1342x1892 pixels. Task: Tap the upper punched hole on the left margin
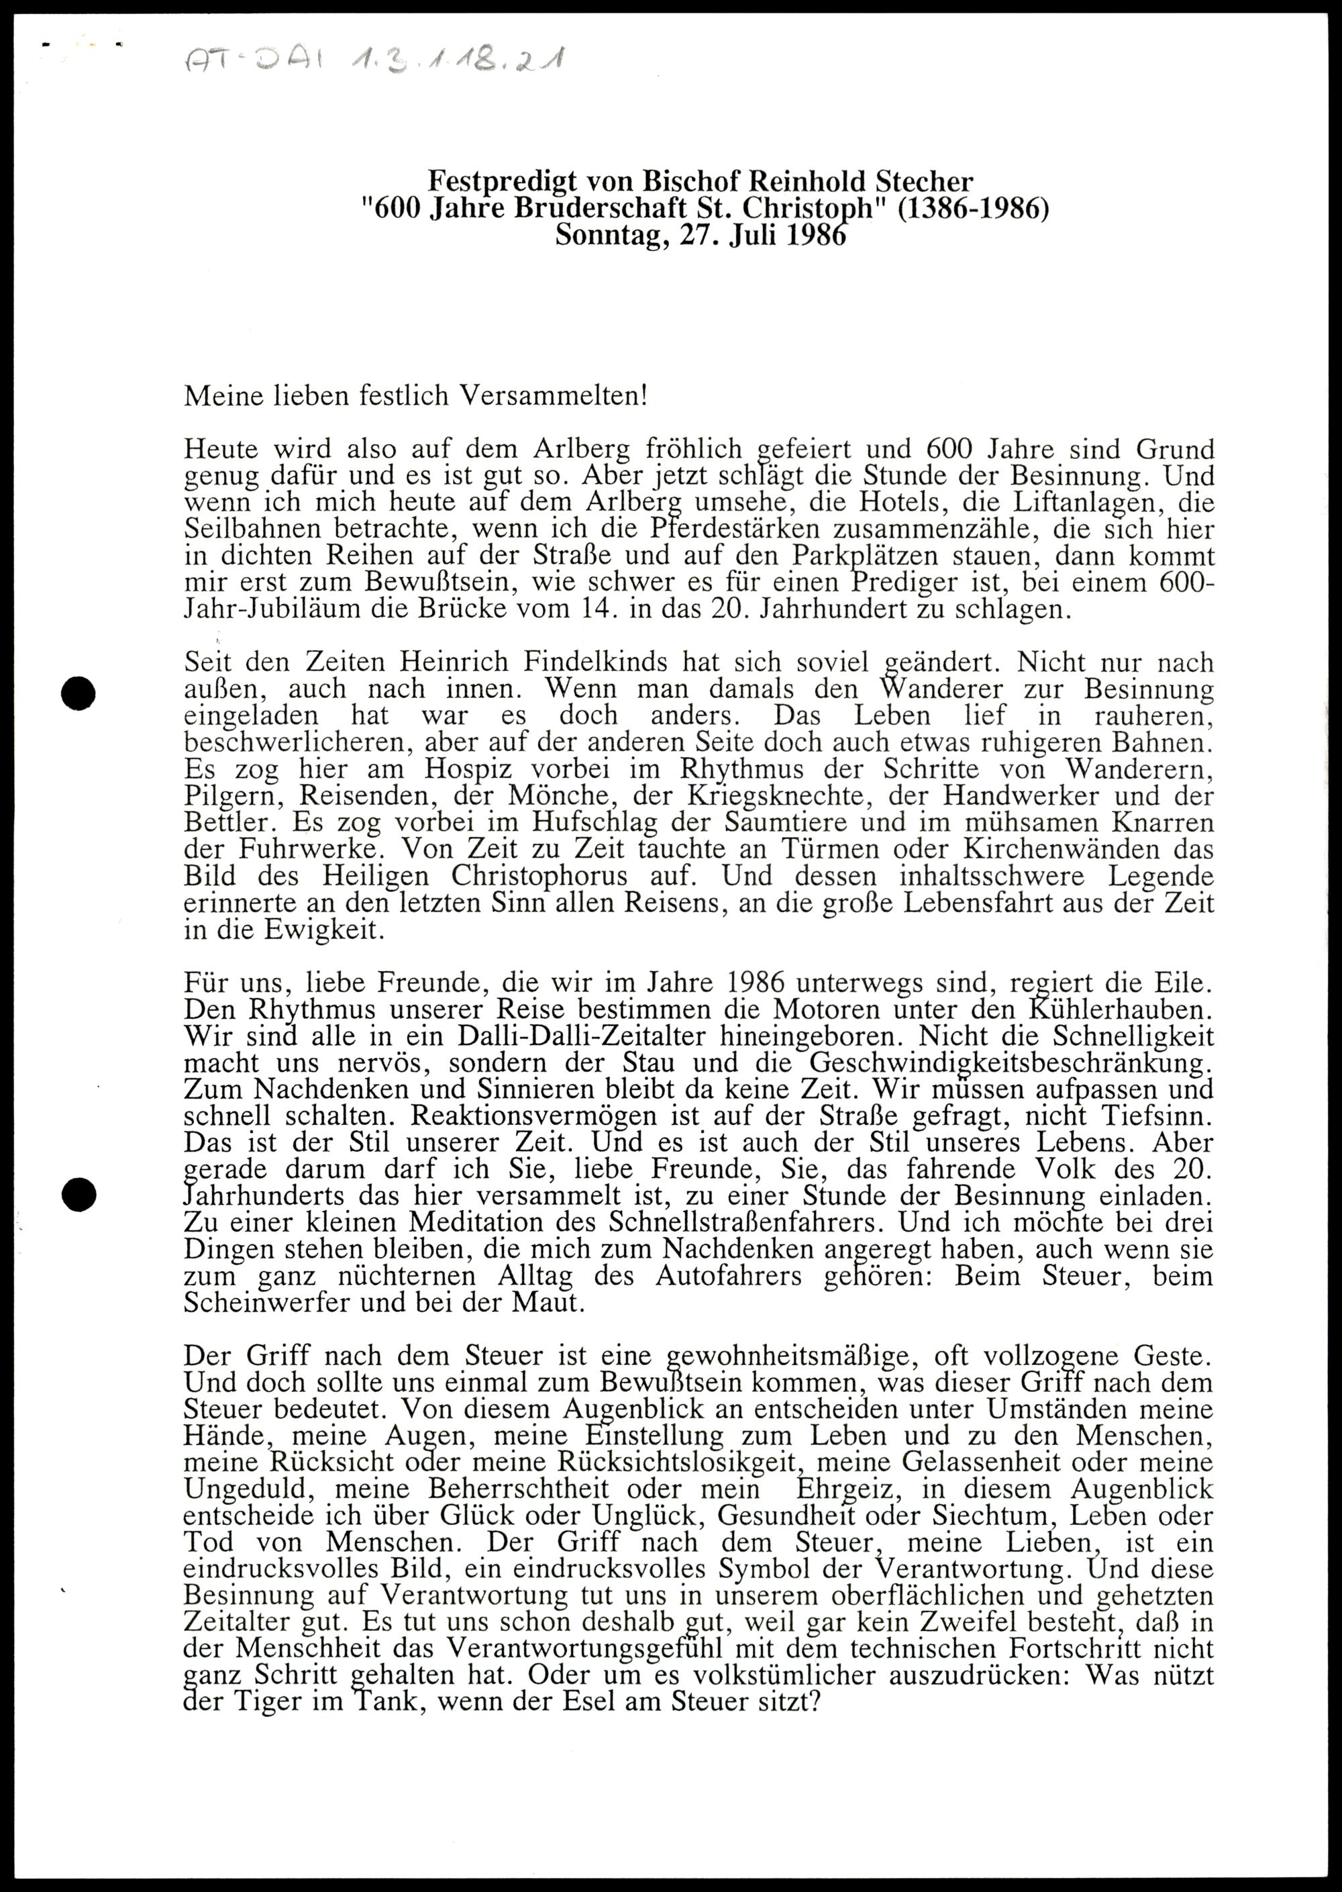point(79,693)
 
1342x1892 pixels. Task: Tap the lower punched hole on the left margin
point(79,1193)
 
